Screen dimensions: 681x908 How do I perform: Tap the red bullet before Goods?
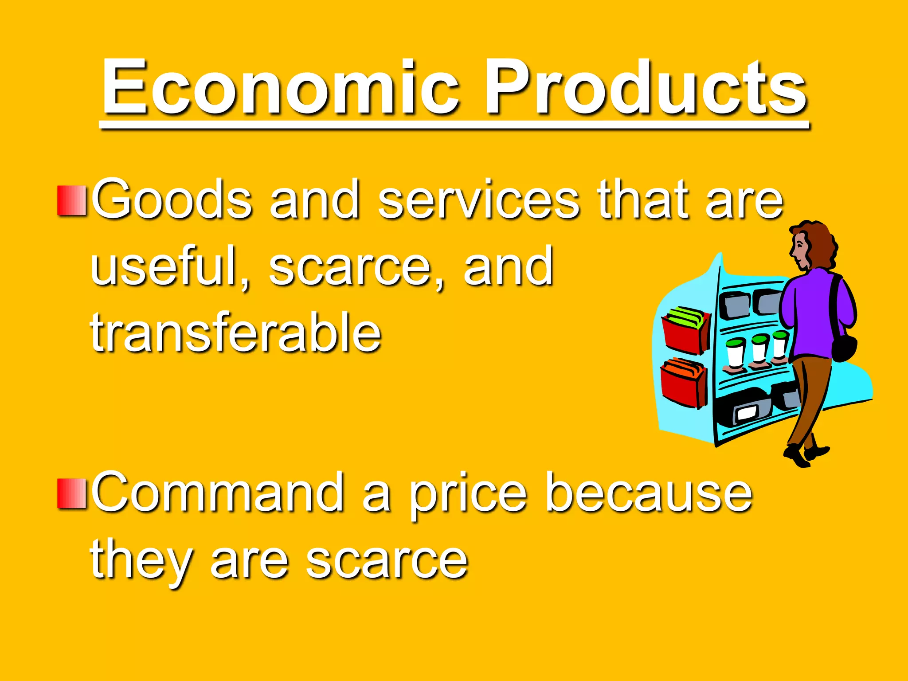(x=71, y=201)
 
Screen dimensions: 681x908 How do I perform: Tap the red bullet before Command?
(x=71, y=493)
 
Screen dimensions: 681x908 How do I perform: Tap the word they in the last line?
(x=142, y=561)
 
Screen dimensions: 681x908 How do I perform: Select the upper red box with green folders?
(x=685, y=330)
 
